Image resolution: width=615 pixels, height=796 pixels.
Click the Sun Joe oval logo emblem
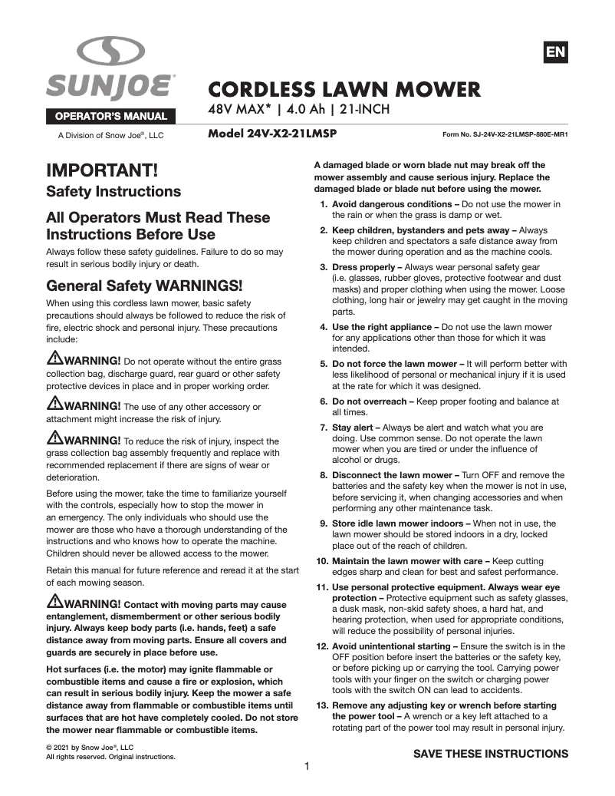coord(111,52)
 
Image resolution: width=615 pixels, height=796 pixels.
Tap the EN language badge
coord(555,52)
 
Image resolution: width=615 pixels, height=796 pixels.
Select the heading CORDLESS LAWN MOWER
coord(344,89)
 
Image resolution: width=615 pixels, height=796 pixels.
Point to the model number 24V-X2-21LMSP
coord(273,133)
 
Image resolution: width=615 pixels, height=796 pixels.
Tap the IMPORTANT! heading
coord(102,169)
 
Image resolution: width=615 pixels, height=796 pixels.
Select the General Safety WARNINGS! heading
coord(144,286)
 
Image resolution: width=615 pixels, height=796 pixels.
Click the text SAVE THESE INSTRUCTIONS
coord(491,754)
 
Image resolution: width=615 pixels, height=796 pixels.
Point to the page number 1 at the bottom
coord(307,766)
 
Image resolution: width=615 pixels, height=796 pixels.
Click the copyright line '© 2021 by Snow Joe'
coord(90,747)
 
